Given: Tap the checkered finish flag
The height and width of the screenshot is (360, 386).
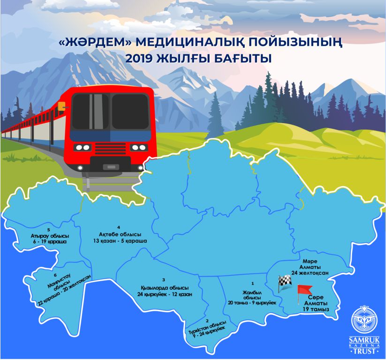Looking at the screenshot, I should click(x=284, y=282).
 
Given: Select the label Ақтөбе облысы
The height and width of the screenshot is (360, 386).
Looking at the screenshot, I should click(x=120, y=234).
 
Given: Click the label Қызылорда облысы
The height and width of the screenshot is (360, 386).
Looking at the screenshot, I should click(x=165, y=287).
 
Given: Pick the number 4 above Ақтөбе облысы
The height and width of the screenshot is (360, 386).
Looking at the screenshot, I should click(x=119, y=227).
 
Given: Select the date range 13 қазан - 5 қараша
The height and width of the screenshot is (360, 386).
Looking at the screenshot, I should click(x=121, y=241).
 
